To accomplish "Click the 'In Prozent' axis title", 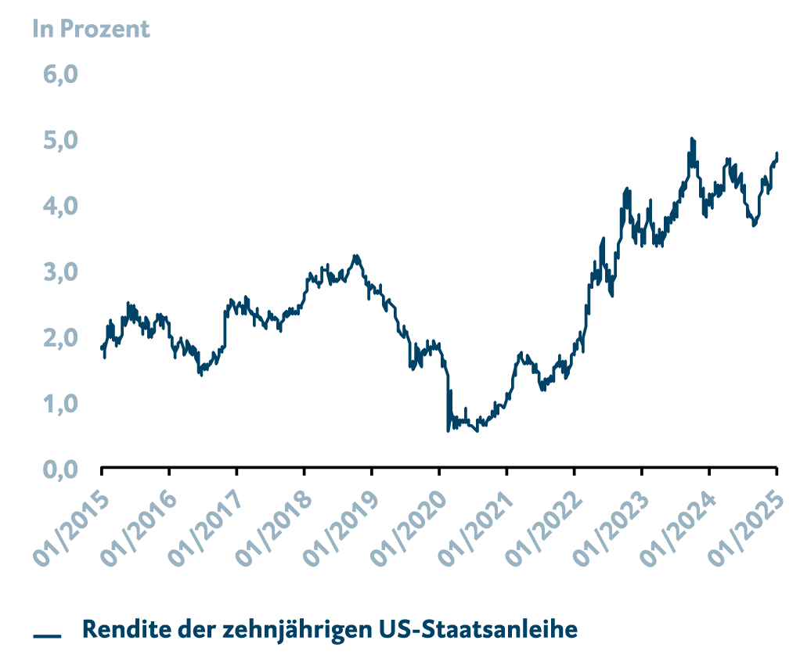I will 91,30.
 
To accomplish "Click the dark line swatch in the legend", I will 47,635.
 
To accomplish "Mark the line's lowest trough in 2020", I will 477,431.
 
